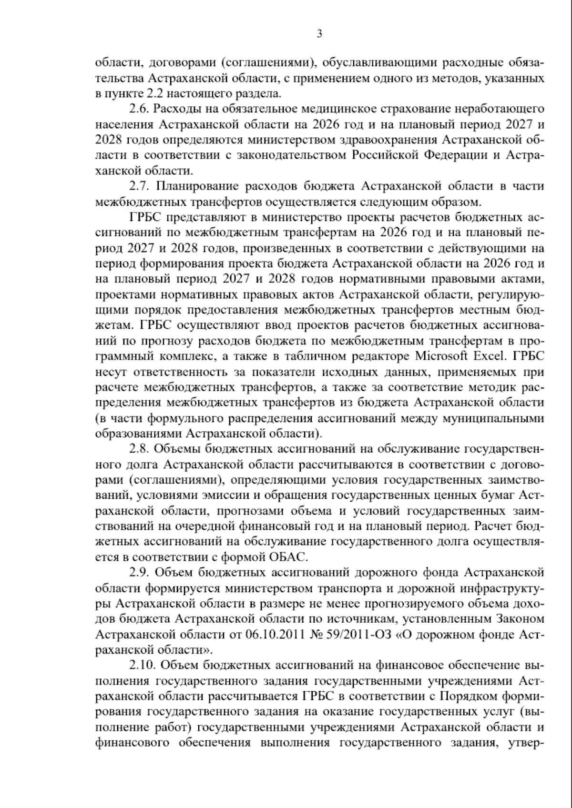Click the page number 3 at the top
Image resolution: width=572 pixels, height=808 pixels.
[x=319, y=33]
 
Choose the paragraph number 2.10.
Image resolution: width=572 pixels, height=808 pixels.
[x=141, y=665]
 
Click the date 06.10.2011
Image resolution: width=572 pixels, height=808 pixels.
[x=274, y=634]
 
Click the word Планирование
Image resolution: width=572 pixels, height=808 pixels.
[x=198, y=186]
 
